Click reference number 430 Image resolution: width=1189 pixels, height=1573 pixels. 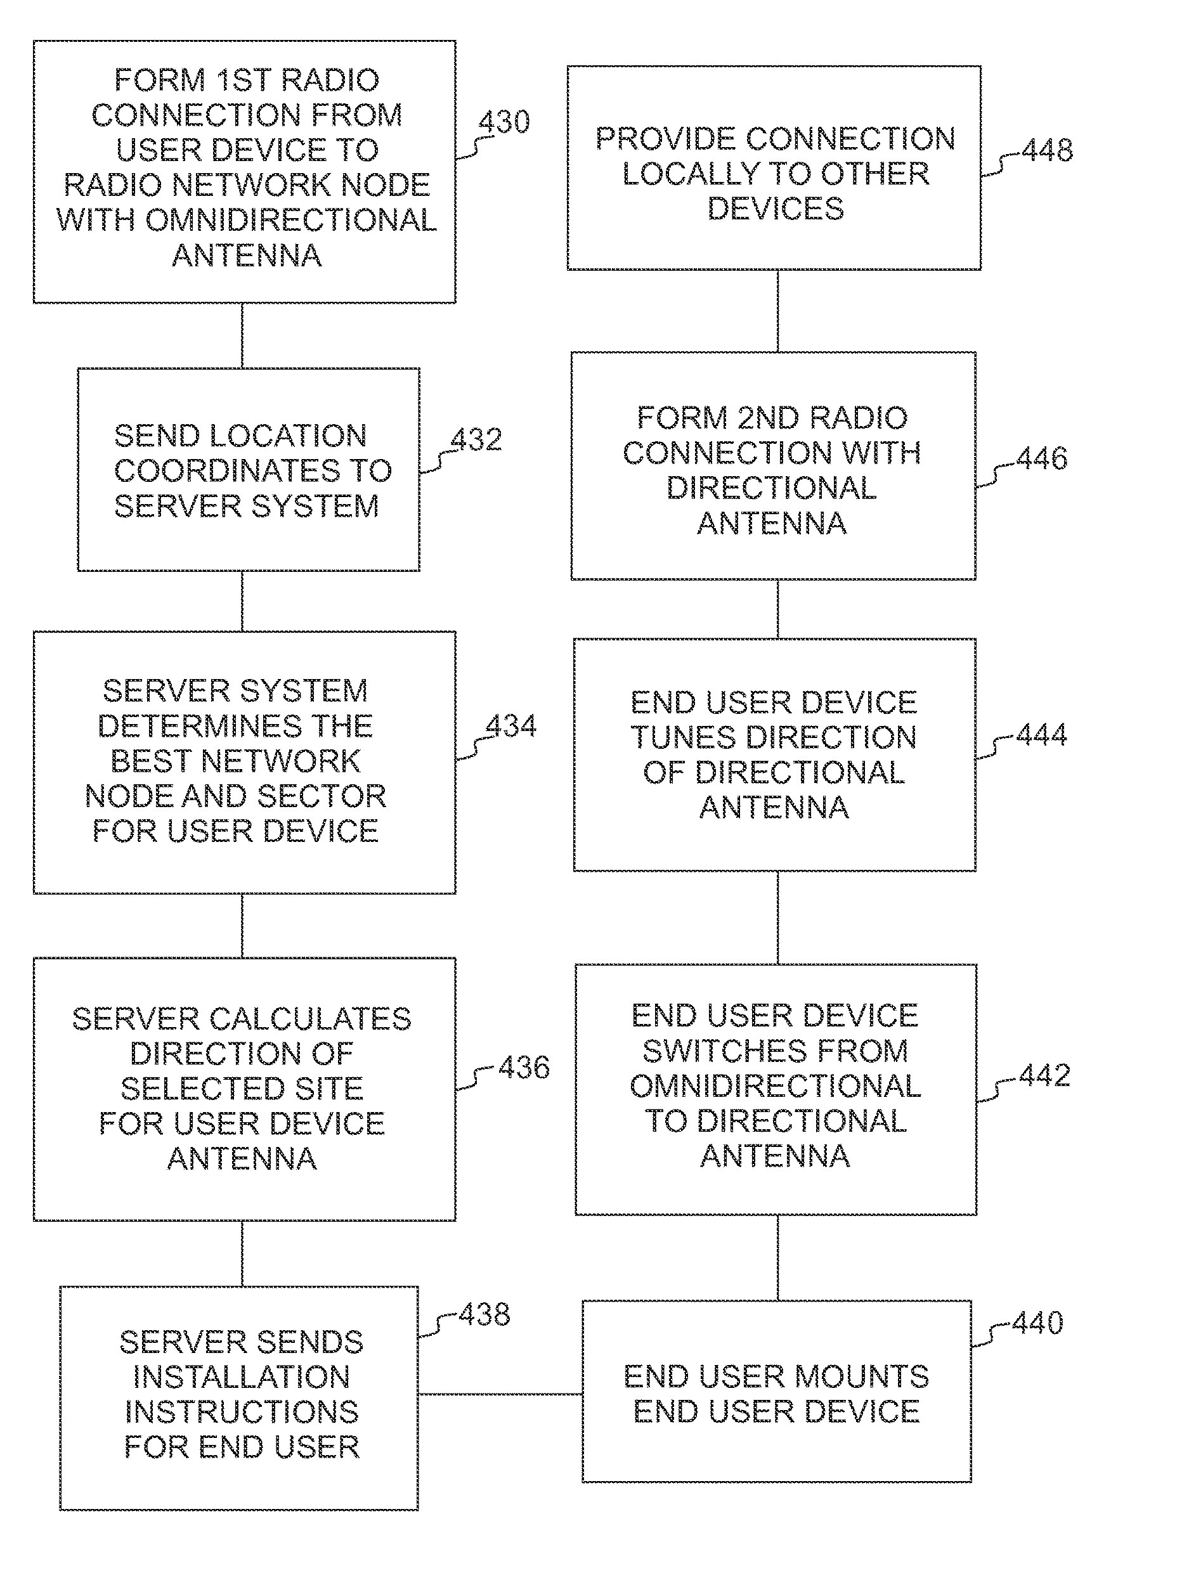[x=504, y=122]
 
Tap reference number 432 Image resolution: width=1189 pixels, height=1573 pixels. [x=476, y=439]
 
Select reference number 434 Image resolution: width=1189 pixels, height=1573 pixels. [x=510, y=726]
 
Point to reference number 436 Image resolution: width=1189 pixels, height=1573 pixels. [x=524, y=1068]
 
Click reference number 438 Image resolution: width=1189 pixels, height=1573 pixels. [x=484, y=1314]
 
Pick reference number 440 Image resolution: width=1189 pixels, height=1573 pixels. [x=1037, y=1323]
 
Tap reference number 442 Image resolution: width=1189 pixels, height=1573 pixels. [x=1044, y=1075]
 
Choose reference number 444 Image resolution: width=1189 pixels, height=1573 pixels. [x=1042, y=735]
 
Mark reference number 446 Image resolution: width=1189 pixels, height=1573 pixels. [x=1042, y=458]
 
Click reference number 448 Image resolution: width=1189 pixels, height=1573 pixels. [x=1048, y=150]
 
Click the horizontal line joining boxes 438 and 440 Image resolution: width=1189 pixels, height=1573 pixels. [x=500, y=1394]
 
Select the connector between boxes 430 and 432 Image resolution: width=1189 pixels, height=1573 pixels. [x=242, y=335]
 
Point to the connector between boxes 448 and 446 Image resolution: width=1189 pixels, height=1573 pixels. [x=777, y=311]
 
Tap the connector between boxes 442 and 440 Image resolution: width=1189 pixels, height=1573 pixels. [x=777, y=1258]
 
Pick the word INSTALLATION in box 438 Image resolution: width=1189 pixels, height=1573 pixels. [x=242, y=1378]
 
